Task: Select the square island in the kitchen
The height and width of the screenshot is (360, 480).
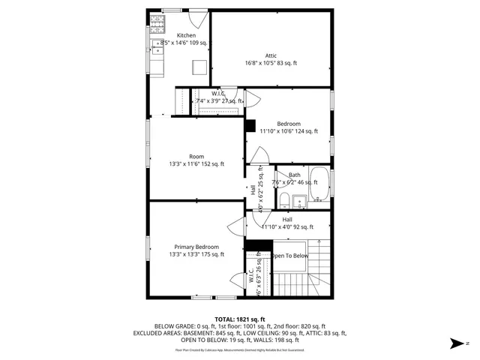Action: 199,68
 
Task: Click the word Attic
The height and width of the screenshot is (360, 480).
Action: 271,55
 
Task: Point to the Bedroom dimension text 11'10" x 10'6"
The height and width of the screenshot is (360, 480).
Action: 289,131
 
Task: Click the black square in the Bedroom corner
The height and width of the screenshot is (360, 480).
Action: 250,125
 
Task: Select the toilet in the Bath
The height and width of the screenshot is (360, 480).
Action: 285,200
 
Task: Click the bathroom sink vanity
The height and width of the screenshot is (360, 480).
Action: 301,201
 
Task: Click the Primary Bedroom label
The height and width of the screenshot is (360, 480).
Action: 196,247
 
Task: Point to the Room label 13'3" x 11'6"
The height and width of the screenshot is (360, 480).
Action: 196,164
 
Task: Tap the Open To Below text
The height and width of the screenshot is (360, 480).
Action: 289,256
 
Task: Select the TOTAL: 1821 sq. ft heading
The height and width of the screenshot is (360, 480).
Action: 239,319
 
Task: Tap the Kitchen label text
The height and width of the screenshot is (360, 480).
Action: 186,35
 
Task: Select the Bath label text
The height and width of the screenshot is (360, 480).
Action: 294,175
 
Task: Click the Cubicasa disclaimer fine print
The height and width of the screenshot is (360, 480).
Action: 239,349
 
